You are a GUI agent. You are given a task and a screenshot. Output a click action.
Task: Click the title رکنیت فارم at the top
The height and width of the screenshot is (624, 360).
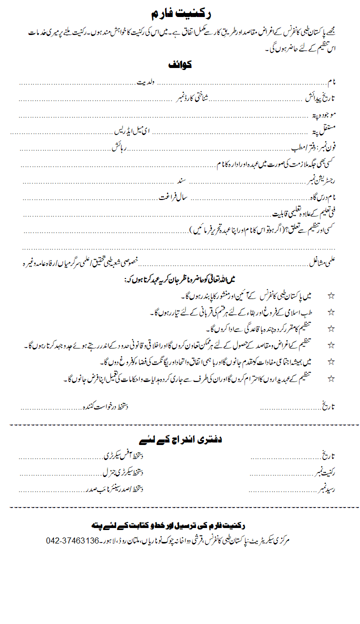(x=179, y=14)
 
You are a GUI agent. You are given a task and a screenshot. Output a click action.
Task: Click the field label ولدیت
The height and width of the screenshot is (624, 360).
(x=147, y=81)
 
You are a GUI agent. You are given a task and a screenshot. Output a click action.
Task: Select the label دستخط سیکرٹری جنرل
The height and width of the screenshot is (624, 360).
(x=123, y=472)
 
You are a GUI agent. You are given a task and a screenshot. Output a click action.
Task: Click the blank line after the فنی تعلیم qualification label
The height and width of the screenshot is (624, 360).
(x=145, y=215)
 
